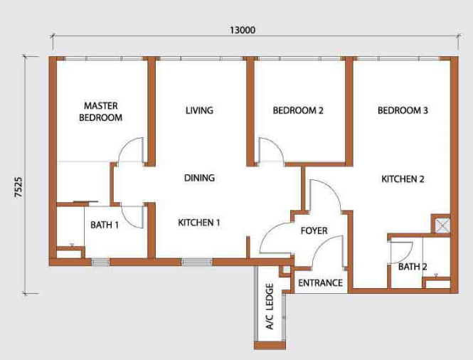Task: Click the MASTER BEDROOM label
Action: [101, 112]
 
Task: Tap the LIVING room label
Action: [199, 110]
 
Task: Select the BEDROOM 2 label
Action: [298, 110]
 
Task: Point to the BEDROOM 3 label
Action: [403, 110]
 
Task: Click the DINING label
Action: [199, 178]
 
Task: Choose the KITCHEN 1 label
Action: [199, 223]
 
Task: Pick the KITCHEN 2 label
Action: [403, 179]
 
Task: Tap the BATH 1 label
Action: [105, 225]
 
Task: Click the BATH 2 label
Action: [413, 267]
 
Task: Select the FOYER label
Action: [314, 231]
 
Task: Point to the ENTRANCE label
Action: [320, 283]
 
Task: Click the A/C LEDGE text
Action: [270, 307]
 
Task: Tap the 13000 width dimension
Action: [243, 30]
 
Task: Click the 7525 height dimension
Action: [18, 187]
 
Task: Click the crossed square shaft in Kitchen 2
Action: [442, 226]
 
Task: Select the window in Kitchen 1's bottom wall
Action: [197, 262]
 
